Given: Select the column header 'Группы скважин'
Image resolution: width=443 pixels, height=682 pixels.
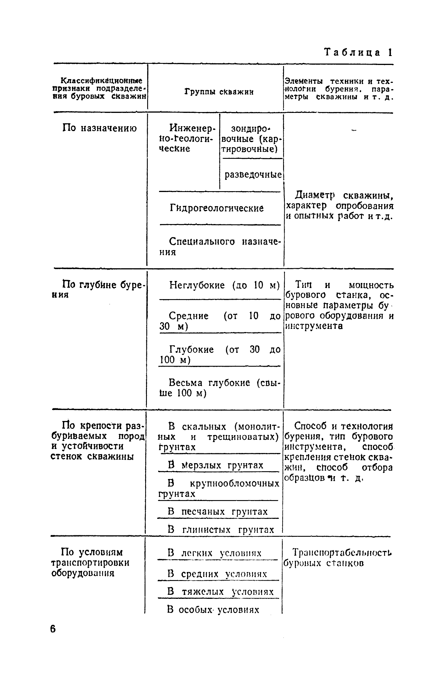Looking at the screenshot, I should coord(219,92).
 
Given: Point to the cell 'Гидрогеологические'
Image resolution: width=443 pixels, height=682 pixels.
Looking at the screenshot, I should coord(217,208).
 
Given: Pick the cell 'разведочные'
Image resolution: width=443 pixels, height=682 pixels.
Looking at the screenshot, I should coord(253,175).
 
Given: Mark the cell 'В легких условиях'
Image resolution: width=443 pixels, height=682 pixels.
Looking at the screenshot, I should coord(214,553).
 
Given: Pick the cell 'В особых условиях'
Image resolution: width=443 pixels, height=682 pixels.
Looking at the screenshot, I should coord(213,610).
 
